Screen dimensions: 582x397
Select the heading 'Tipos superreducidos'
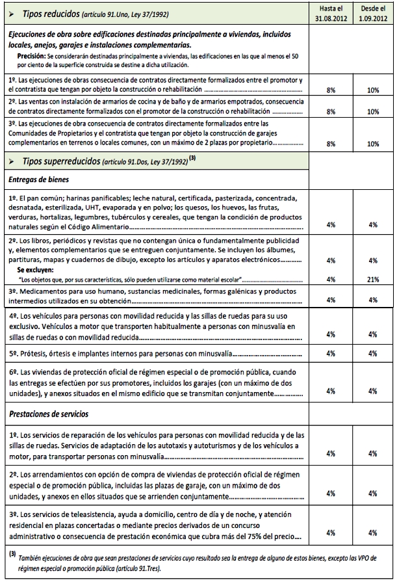click(58, 160)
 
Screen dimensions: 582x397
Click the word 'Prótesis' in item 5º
click(34, 354)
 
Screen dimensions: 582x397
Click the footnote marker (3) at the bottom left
click(12, 555)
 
